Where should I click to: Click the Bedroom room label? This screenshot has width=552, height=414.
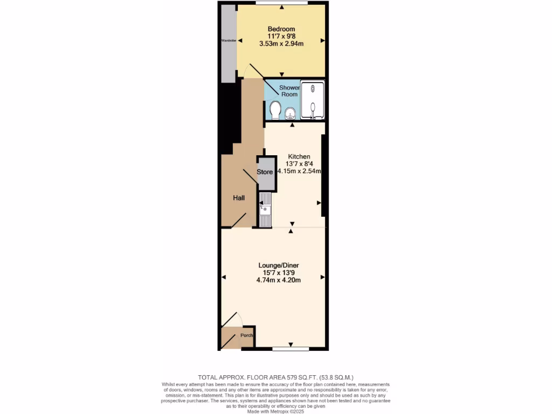[x=281, y=29]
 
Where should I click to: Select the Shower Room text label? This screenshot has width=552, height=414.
[x=289, y=91]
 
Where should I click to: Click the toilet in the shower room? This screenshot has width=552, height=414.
[x=275, y=110]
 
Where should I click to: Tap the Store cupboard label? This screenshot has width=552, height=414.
[x=265, y=172]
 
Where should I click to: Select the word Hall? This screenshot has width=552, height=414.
[x=239, y=198]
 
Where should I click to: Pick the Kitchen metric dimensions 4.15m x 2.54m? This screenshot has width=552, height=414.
[x=299, y=171]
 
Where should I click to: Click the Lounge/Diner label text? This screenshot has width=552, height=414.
[x=278, y=265]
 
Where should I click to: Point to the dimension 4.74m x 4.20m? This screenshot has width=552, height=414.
[x=278, y=280]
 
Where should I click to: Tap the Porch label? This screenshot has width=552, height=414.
[x=247, y=335]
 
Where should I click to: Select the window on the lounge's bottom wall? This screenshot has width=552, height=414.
[x=291, y=349]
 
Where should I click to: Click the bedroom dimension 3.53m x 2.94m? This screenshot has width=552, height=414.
[x=281, y=44]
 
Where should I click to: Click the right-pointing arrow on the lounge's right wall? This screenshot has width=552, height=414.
[x=322, y=277]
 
